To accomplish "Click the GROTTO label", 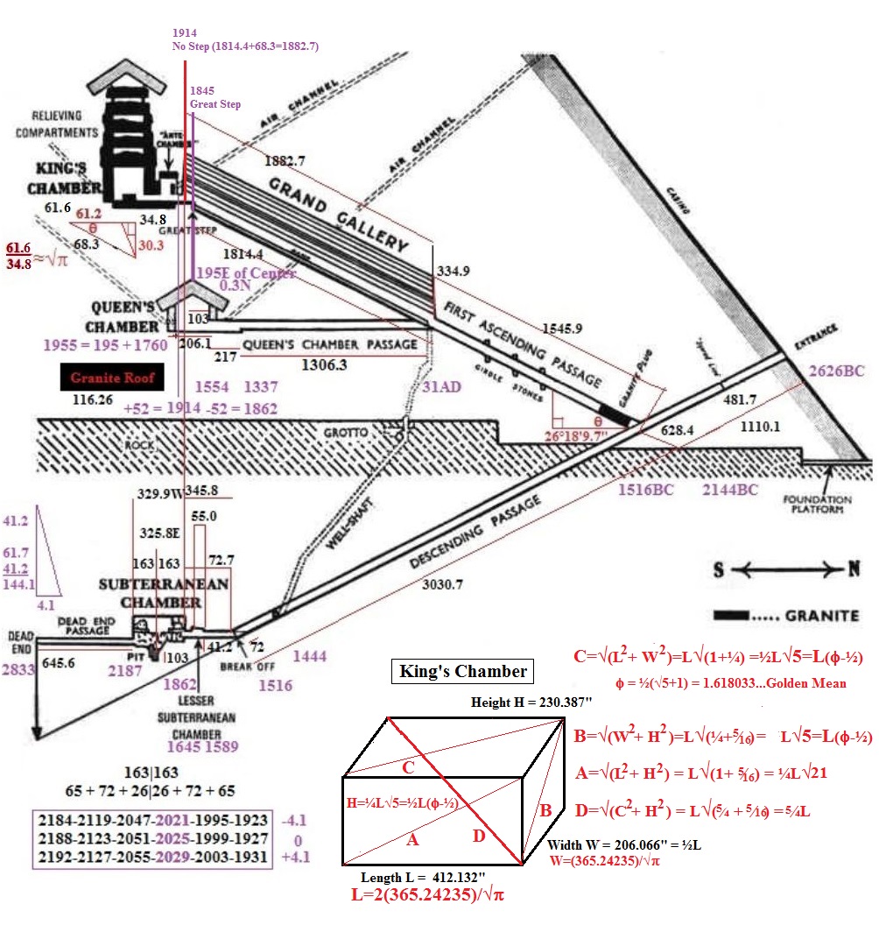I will point(348,432).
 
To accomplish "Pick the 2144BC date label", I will point(729,490).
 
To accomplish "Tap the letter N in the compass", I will point(853,570).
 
